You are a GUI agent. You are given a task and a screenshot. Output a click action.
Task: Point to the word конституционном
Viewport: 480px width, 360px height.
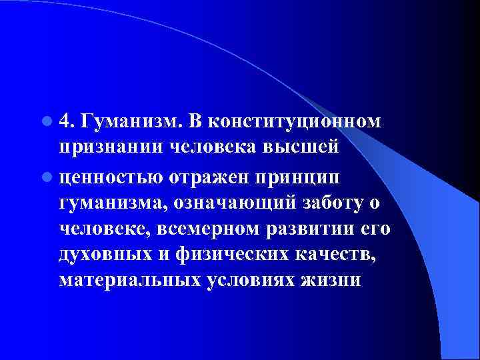coord(294,121)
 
